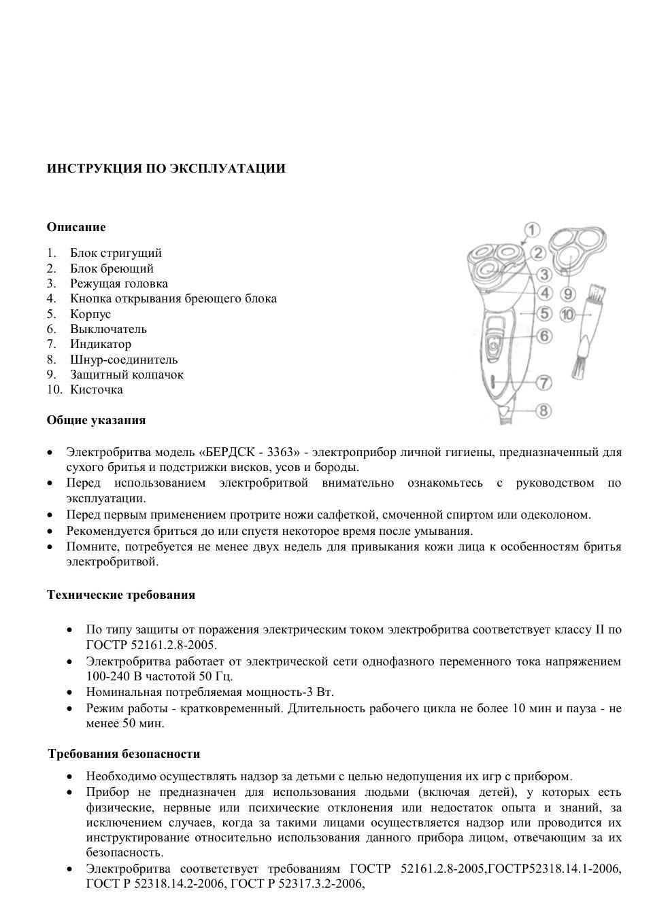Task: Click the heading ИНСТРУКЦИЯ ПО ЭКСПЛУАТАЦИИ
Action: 166,169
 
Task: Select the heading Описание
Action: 76,227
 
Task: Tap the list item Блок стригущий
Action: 116,254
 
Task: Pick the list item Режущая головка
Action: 118,283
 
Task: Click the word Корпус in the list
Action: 90,314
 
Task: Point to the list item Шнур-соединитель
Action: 123,360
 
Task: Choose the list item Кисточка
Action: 96,389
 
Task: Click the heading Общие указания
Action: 96,420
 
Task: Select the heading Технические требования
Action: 120,595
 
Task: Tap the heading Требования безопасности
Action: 124,754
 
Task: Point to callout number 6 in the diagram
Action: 543,335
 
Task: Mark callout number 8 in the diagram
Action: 543,411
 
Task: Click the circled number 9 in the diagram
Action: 569,294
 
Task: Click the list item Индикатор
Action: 100,344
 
